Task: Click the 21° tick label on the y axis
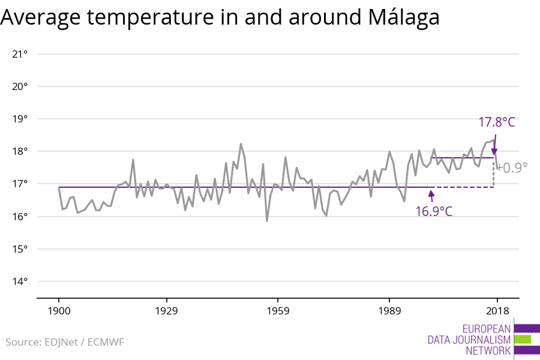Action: point(20,54)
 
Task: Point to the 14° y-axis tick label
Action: point(20,281)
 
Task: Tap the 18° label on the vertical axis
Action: point(20,151)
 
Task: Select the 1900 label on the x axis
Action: point(59,311)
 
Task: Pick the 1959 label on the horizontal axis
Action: point(278,311)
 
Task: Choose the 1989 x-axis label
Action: point(389,311)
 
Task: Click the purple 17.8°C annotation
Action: point(496,122)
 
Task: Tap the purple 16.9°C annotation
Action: point(433,211)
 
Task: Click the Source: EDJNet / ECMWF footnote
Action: point(65,342)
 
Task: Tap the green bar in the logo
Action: point(523,340)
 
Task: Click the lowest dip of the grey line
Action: point(267,221)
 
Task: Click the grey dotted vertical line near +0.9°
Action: point(494,173)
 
